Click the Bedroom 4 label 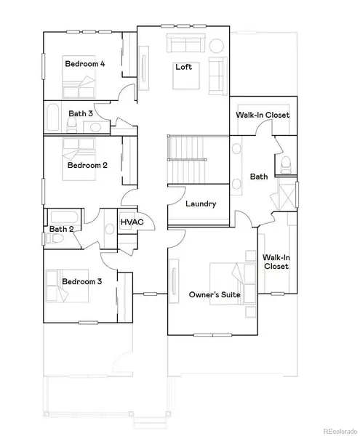85,64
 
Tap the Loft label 183,67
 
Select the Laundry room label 201,204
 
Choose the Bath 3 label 81,113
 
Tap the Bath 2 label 60,229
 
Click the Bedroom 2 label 87,165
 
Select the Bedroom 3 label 81,281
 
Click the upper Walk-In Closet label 263,116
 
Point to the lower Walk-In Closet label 276,262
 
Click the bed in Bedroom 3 58,286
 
